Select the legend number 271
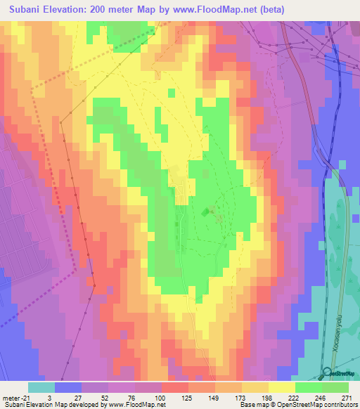pos(346,398)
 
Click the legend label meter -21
pos(16,398)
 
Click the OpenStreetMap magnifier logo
pos(328,373)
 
